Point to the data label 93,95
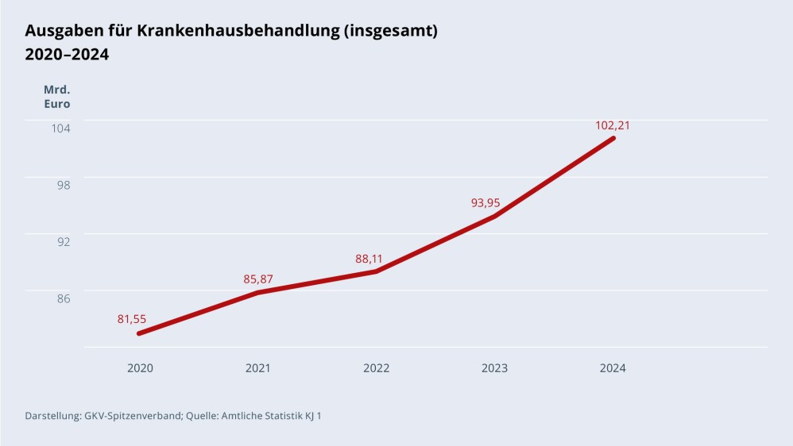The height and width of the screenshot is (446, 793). (485, 202)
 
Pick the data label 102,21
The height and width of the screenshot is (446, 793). (613, 125)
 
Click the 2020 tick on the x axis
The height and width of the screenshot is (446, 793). (140, 368)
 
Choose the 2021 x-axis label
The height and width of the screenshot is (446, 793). (258, 368)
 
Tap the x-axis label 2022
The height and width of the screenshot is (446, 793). (377, 368)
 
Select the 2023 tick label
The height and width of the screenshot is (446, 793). (494, 368)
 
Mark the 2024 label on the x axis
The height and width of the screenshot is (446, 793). (613, 368)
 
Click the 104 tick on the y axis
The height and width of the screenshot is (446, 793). (62, 128)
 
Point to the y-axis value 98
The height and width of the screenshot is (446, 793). (64, 184)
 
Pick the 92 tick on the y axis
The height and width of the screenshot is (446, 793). (64, 241)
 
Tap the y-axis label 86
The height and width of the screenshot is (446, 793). (64, 298)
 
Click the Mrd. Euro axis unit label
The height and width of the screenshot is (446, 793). (56, 96)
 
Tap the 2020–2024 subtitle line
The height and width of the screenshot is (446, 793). (67, 55)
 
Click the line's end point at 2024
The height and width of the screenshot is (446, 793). (613, 138)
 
